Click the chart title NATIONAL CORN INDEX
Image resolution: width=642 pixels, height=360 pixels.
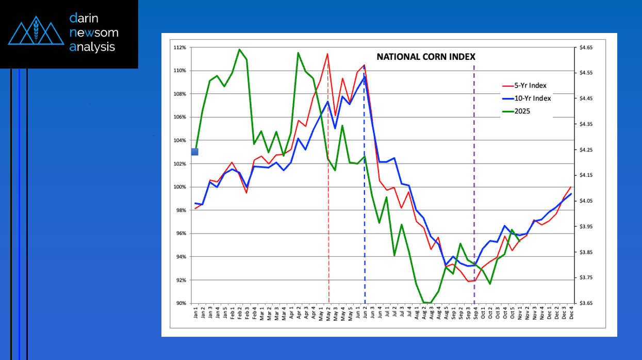click(x=426, y=57)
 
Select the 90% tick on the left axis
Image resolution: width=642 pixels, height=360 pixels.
click(x=180, y=303)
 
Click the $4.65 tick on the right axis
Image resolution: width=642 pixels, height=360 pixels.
click(x=586, y=47)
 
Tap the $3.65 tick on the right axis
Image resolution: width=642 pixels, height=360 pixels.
click(x=586, y=303)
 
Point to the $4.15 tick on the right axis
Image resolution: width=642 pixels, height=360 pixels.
click(x=586, y=175)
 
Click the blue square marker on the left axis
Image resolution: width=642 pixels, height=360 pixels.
click(x=194, y=152)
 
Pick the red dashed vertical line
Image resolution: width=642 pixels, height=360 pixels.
click(x=328, y=232)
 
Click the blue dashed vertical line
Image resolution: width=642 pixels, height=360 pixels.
click(x=365, y=232)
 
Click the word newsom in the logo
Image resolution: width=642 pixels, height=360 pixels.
click(x=94, y=32)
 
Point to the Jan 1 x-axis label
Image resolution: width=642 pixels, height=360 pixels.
click(x=196, y=314)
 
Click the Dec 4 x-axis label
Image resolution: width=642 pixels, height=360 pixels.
click(x=571, y=314)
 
